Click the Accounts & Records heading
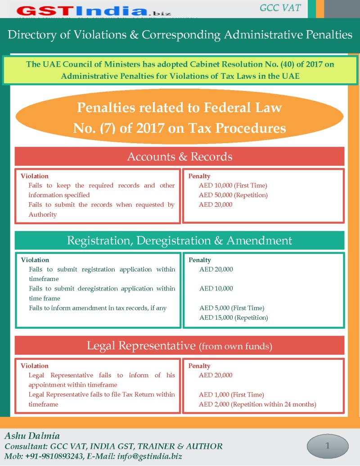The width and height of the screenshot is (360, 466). click(180, 156)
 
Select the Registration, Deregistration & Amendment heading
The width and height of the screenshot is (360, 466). click(180, 240)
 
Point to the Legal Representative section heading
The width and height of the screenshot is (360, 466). click(180, 346)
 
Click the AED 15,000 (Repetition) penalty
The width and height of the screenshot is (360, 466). click(234, 317)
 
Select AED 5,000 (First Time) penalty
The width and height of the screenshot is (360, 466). click(232, 308)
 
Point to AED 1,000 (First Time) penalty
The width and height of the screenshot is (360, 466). click(232, 394)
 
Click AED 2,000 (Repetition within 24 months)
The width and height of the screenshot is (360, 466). click(257, 404)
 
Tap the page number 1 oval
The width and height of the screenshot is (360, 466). click(328, 446)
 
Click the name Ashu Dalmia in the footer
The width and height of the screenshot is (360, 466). click(32, 436)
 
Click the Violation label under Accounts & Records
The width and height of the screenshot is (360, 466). click(35, 176)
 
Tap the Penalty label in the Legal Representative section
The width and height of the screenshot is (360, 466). click(199, 366)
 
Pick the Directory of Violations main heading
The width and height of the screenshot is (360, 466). click(180, 35)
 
